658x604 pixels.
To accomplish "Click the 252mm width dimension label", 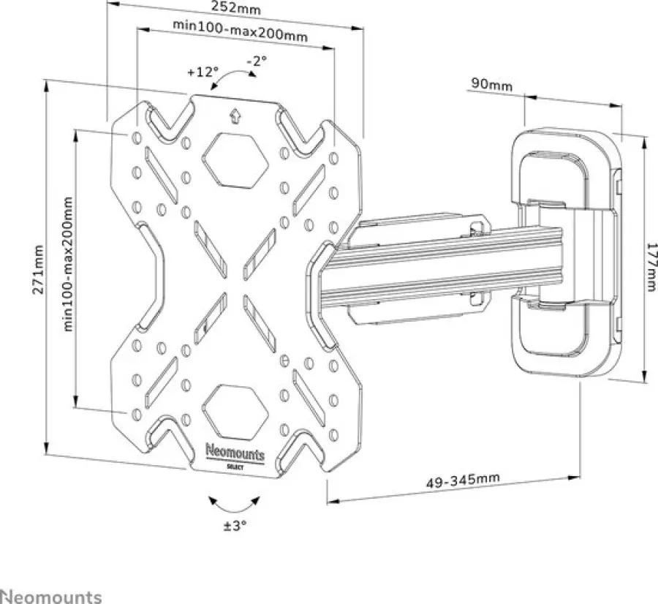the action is coord(235,7).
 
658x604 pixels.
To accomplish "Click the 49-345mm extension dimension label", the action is coord(464,481).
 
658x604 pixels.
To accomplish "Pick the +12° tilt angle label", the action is coord(203,72).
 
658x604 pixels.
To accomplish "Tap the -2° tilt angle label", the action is coord(257,61).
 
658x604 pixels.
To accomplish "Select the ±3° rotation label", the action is coord(235,526).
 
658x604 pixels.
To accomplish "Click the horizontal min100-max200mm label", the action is coord(241,31).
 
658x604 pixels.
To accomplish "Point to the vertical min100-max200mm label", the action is coord(69,265).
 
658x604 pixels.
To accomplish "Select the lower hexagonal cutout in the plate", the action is coord(235,410).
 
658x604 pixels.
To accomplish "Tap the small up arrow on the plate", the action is coord(235,116).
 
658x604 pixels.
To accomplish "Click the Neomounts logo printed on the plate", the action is coord(235,454).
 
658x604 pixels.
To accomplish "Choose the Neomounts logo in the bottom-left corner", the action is coord(50,597).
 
